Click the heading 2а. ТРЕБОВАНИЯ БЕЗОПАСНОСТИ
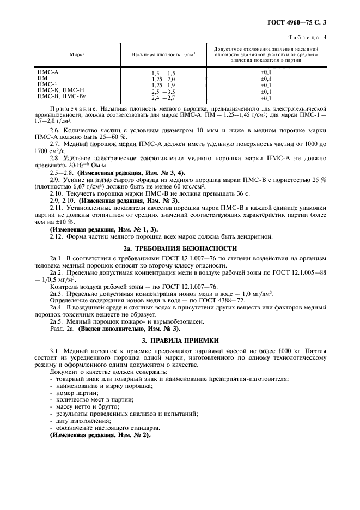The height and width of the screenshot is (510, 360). [x=179, y=248]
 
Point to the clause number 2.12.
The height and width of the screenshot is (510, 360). [x=57, y=236]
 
